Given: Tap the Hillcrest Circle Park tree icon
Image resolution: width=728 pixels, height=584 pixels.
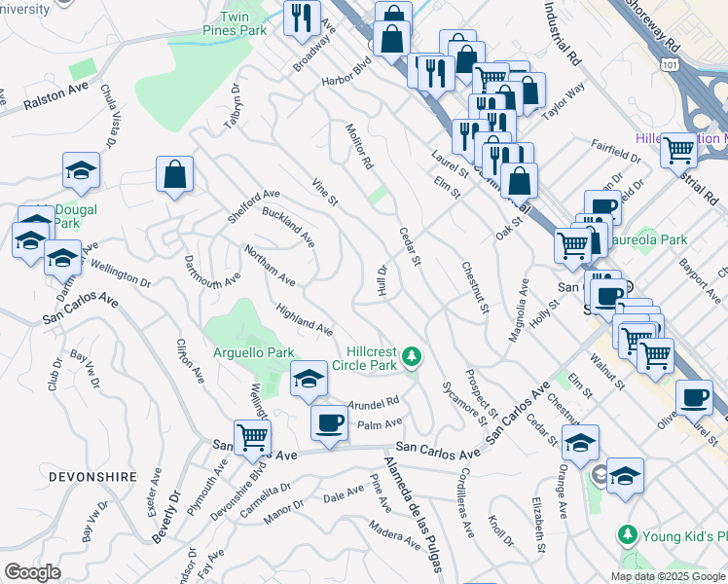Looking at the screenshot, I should tap(414, 357).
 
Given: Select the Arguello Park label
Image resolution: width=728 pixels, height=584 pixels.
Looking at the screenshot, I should tap(254, 351).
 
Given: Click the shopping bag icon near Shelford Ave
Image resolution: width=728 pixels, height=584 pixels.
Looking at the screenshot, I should tap(174, 174).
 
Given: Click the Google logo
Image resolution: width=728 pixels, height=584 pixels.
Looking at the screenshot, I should tap(32, 571).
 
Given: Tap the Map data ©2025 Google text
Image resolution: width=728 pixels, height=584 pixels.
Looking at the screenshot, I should tap(667, 576).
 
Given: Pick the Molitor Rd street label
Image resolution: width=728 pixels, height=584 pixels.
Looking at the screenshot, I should tap(359, 147).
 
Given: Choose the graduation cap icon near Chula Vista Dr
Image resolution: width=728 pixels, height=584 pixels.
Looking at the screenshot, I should tap(81, 170).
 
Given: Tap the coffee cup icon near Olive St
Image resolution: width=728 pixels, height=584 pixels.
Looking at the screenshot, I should tap(695, 397).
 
